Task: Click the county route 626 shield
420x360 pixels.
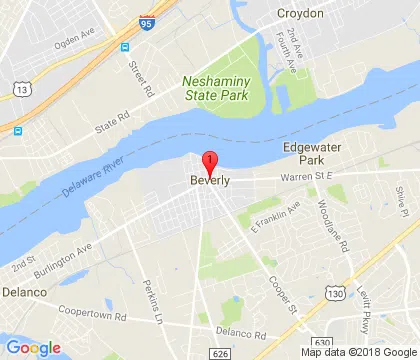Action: [x=220, y=352]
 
